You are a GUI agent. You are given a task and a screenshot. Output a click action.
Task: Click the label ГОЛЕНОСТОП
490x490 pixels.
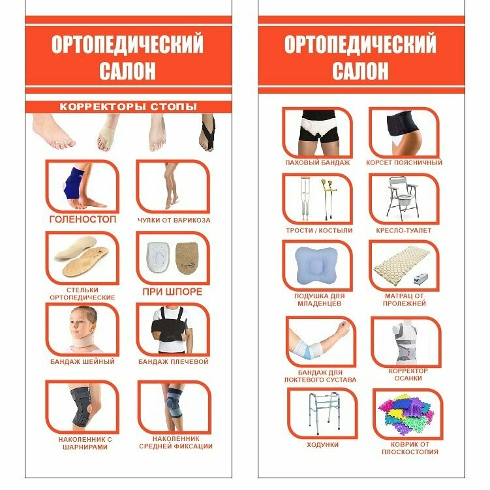pyautogui.click(x=83, y=220)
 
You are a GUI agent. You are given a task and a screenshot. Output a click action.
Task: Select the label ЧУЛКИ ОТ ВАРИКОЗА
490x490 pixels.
pyautogui.click(x=174, y=221)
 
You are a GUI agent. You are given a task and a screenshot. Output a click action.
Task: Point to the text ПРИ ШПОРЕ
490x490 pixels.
pyautogui.click(x=173, y=292)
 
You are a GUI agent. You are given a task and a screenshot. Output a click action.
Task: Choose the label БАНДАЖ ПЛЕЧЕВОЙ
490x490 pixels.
pyautogui.click(x=174, y=361)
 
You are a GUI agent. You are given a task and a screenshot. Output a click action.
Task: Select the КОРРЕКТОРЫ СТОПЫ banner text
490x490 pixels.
pyautogui.click(x=128, y=107)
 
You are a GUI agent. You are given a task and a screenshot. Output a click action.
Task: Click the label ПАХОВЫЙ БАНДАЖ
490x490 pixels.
pyautogui.click(x=318, y=162)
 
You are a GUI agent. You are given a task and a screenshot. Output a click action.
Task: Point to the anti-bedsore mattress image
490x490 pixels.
pyautogui.click(x=405, y=269)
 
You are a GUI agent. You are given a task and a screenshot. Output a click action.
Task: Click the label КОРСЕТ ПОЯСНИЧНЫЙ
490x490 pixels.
pyautogui.click(x=404, y=162)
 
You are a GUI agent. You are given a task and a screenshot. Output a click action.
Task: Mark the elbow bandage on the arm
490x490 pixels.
pyautogui.click(x=308, y=341)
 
